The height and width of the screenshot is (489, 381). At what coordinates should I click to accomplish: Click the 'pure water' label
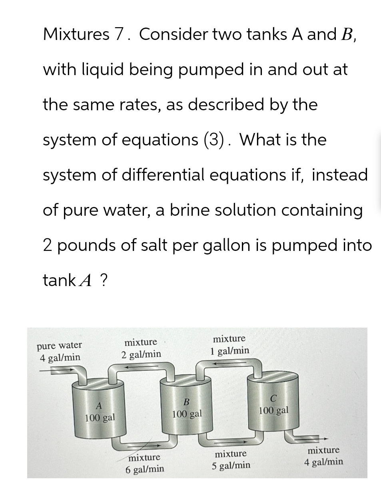pos(59,345)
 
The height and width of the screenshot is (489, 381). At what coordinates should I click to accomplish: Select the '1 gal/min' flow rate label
pos(229,351)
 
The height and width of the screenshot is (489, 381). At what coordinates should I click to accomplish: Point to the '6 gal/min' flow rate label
pos(145,469)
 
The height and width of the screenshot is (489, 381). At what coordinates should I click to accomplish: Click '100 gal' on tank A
pos(100,418)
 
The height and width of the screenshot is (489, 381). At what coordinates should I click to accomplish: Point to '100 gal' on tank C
pos(273,410)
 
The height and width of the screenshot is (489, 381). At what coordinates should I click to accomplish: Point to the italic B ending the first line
pos(347,35)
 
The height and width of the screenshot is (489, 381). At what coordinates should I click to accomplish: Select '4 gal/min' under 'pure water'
pos(60,357)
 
